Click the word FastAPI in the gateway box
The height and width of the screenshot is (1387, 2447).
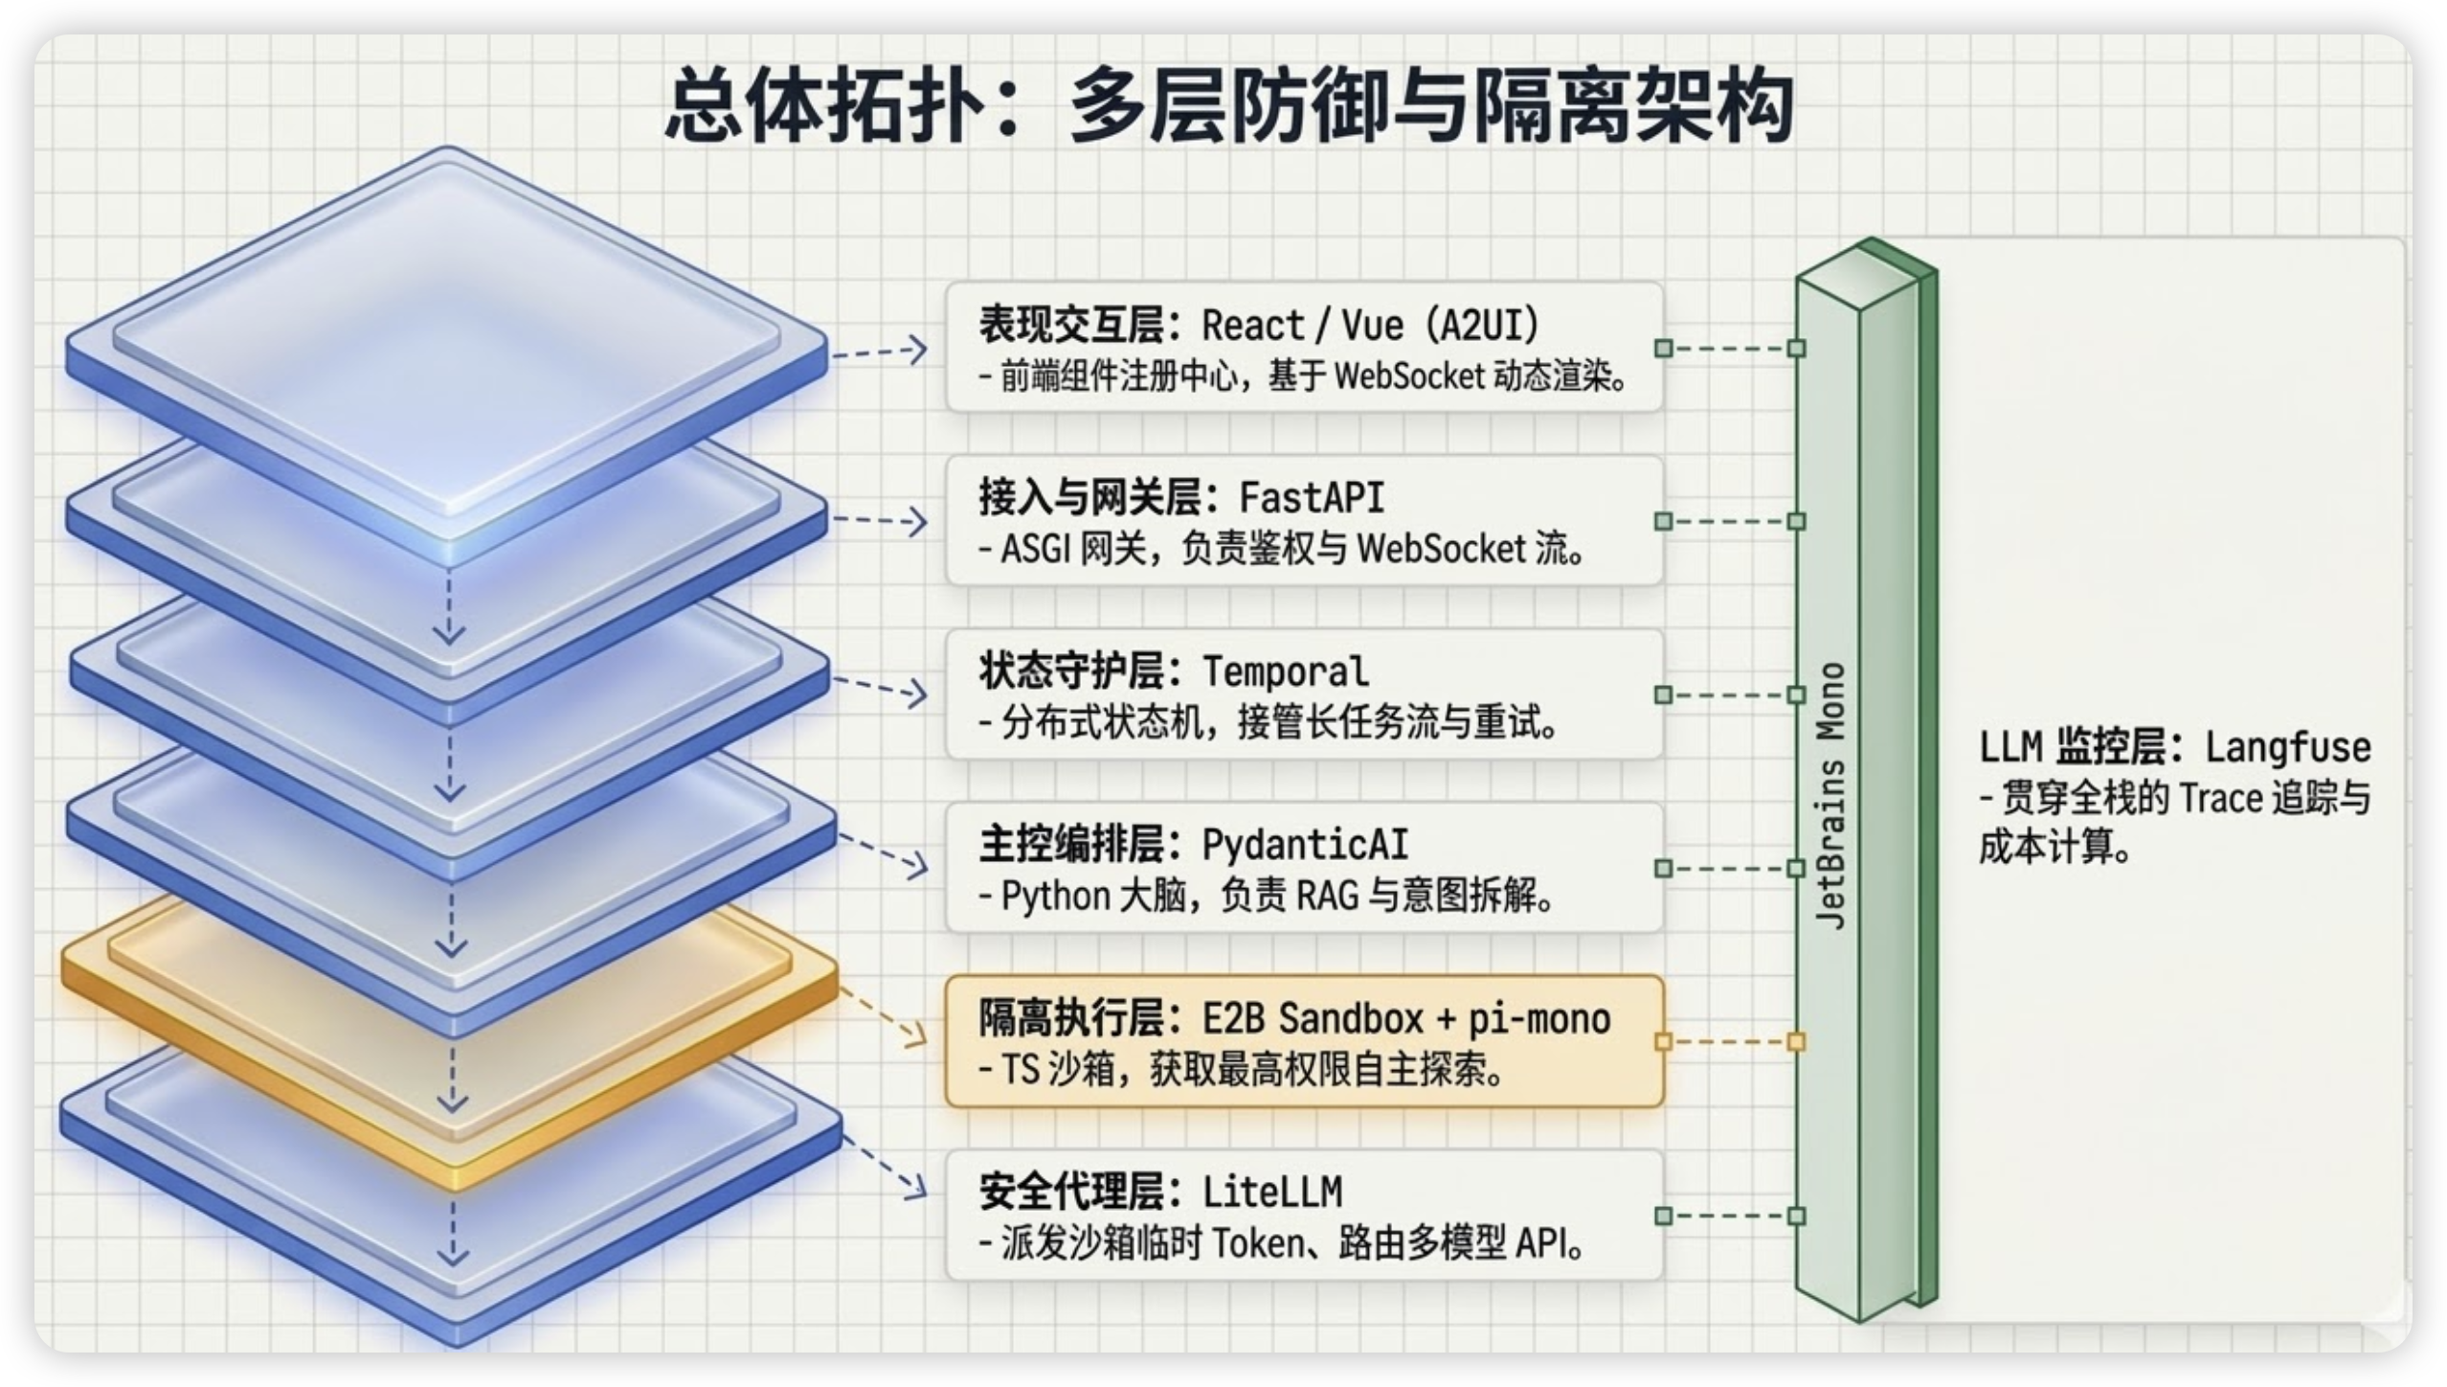click(x=1312, y=499)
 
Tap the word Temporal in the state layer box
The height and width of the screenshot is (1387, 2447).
click(x=1285, y=672)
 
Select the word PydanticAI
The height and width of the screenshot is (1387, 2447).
click(x=1305, y=846)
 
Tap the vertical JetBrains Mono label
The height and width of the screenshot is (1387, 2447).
click(x=1830, y=795)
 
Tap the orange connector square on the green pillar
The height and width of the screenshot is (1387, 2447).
click(x=1796, y=1041)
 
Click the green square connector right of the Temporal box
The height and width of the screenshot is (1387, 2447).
click(x=1663, y=694)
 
